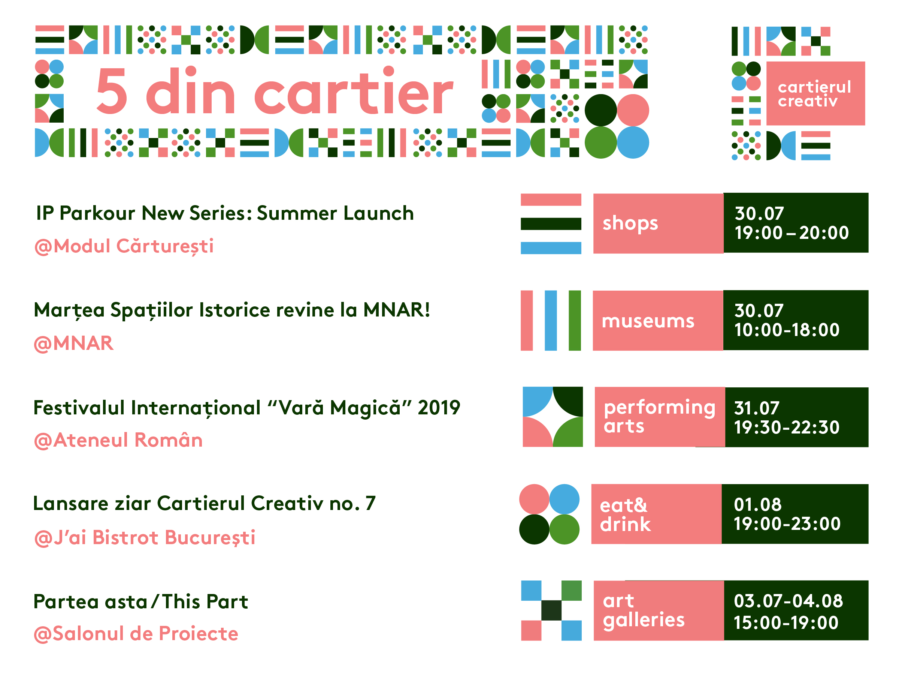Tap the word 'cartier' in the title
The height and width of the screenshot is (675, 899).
point(354,90)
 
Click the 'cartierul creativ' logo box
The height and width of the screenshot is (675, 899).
point(815,94)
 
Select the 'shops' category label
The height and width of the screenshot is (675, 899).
point(630,223)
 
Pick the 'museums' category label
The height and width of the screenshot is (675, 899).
point(648,321)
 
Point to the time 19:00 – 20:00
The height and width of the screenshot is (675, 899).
point(791,233)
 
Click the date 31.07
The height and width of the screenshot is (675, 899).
point(756,408)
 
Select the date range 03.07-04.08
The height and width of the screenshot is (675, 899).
point(788,601)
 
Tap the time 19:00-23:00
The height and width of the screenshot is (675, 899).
point(787,523)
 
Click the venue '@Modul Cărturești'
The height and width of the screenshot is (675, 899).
point(124,246)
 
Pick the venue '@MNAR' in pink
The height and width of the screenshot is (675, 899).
point(73,343)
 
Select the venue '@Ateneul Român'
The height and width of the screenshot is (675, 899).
point(118,440)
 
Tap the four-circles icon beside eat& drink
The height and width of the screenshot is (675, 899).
point(549,514)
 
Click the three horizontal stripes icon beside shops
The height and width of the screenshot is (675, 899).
point(551,224)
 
